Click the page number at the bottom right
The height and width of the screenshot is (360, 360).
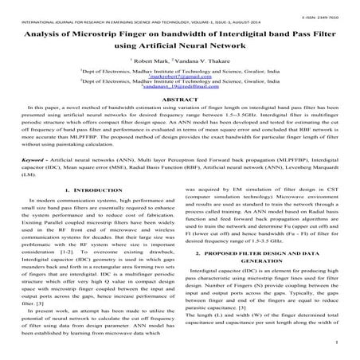338,345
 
